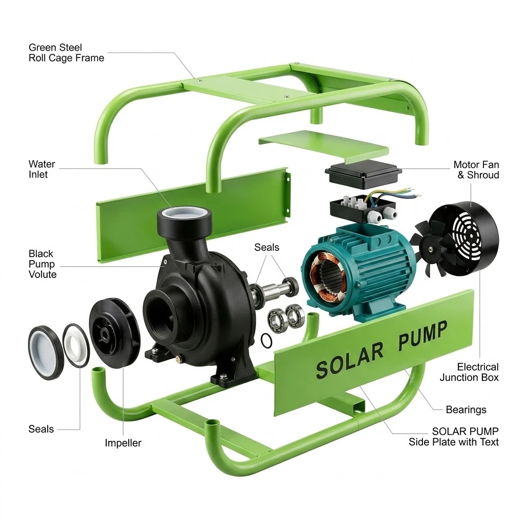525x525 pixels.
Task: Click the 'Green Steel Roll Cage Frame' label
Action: point(66,53)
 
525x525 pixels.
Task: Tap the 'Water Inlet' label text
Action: point(42,169)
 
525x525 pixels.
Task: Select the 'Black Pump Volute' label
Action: point(42,264)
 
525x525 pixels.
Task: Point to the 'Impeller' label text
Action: point(123,442)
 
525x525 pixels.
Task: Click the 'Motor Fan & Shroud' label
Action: point(476,170)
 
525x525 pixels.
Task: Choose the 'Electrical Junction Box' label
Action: point(469,372)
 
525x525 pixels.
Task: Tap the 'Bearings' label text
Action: point(466,410)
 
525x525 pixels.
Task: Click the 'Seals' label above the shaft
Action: point(267,247)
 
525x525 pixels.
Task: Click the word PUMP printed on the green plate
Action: point(422,336)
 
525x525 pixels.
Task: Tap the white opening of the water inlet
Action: point(184,212)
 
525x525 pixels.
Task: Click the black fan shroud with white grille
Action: point(466,238)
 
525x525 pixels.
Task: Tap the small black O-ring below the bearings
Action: point(267,340)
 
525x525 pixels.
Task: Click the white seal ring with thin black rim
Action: point(76,345)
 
